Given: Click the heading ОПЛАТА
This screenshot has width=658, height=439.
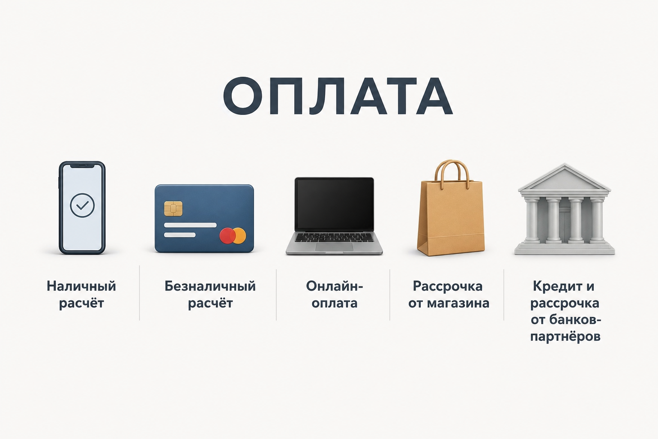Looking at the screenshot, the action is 338,96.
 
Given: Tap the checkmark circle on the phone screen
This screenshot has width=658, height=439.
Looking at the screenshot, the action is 82,205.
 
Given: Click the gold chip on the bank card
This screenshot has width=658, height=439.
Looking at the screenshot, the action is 173,209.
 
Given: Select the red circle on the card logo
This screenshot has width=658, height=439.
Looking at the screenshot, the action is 227,236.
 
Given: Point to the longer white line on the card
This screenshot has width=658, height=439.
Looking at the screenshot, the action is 190,225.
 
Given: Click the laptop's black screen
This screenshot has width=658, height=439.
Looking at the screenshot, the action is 334,204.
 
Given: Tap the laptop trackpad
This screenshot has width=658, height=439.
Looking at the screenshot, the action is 334,247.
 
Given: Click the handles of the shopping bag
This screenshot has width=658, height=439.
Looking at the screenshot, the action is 452,173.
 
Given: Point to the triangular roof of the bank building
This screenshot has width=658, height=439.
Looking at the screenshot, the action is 564,177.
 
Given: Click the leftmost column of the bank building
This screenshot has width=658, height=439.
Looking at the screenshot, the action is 532,219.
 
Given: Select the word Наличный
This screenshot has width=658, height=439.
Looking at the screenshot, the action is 81,286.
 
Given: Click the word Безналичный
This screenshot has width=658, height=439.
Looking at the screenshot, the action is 210,286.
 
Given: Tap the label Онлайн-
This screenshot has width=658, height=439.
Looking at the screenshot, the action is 335,286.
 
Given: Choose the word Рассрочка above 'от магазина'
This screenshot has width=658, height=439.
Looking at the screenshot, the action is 448,286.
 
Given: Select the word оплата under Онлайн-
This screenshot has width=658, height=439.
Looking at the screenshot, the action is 335,303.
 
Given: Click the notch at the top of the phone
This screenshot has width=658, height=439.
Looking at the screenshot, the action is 82,165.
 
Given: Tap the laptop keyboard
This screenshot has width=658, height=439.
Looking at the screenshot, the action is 334,237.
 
